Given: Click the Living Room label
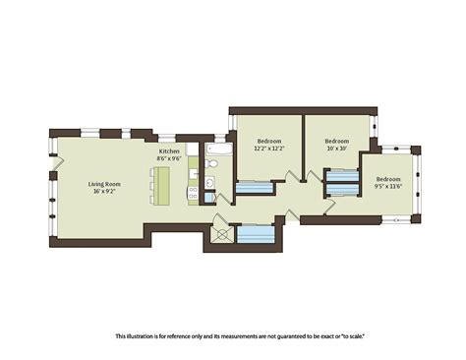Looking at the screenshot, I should click(105, 183).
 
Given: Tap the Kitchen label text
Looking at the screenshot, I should click(170, 150).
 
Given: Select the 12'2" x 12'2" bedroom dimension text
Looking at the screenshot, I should click(270, 149).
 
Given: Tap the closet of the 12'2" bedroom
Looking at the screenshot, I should click(254, 187).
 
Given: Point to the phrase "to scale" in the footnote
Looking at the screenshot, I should click(352, 336).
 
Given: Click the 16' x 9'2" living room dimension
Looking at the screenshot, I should click(105, 192).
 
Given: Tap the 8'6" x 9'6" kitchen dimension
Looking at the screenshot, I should click(170, 158).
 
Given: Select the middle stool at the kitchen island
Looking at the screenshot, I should click(152, 185).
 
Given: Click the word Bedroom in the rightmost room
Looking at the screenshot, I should click(388, 178).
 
